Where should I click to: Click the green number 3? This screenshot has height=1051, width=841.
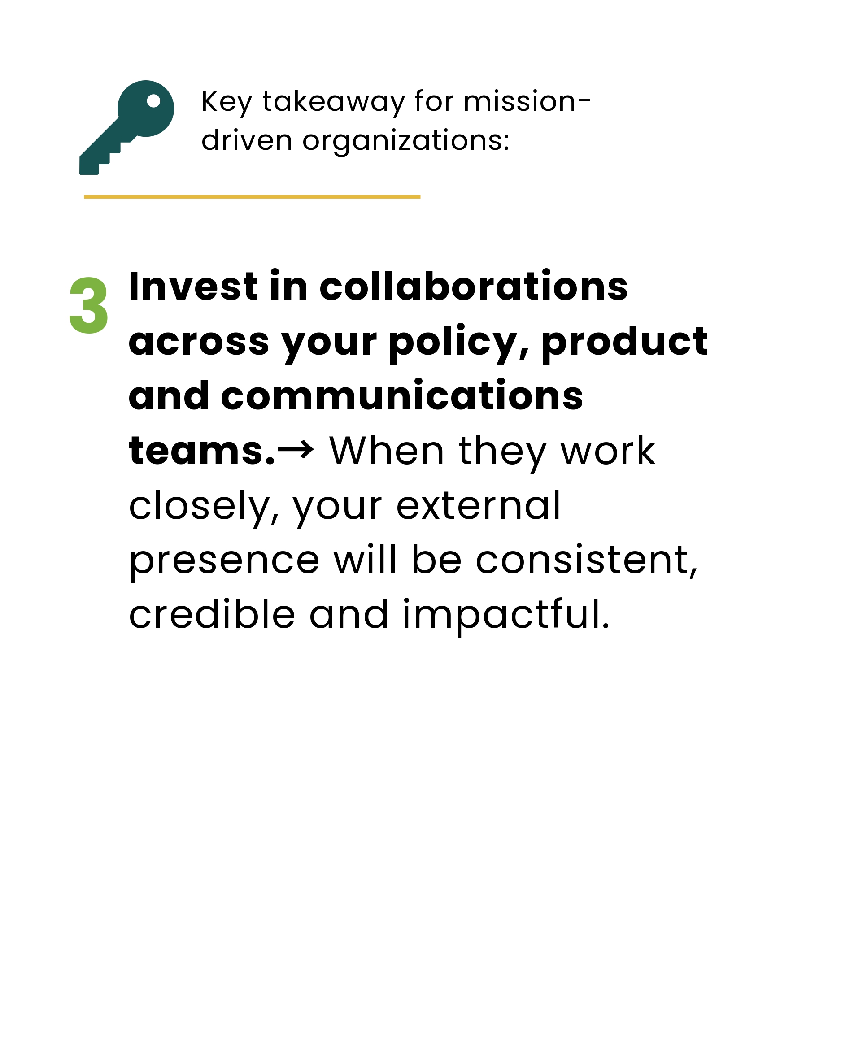coord(89,305)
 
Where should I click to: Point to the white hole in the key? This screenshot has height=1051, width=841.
coord(153,101)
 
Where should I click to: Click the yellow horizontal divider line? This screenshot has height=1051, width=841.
coord(252,197)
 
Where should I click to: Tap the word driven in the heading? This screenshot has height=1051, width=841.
coord(247,140)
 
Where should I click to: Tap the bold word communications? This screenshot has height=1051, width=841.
coord(402,395)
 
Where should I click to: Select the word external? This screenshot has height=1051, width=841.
coord(478,505)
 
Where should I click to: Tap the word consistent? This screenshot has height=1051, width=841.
coord(587,560)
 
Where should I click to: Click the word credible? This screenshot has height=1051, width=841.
coord(212,614)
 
